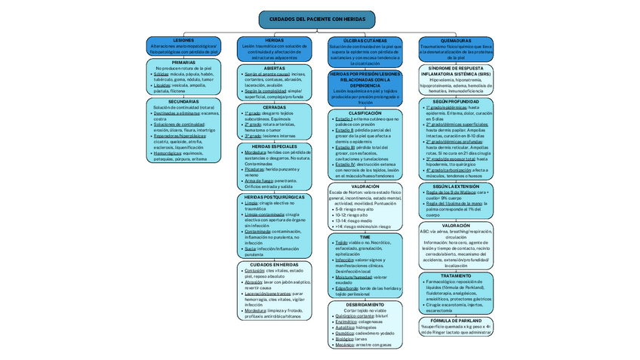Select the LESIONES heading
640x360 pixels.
click(183, 40)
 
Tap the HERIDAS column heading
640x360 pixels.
click(274, 40)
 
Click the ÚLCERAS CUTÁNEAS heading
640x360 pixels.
click(365, 40)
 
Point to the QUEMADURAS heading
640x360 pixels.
click(456, 41)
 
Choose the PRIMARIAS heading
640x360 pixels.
click(183, 63)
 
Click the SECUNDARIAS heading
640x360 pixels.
click(183, 101)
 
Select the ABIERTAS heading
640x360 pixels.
click(274, 69)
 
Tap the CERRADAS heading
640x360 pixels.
click(274, 107)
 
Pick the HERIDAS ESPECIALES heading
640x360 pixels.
click(274, 146)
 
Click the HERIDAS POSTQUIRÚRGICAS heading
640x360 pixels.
click(274, 197)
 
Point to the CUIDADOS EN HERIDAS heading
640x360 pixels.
click(274, 265)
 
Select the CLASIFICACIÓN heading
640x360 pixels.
click(365, 113)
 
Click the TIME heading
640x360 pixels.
click(365, 237)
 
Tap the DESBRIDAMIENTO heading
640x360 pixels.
click(365, 305)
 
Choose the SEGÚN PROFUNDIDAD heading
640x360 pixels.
click(456, 100)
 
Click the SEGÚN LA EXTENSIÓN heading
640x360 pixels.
click(456, 186)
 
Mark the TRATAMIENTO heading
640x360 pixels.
click(456, 275)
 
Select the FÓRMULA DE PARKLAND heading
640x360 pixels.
click(456, 320)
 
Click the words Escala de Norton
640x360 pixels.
click(344, 192)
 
